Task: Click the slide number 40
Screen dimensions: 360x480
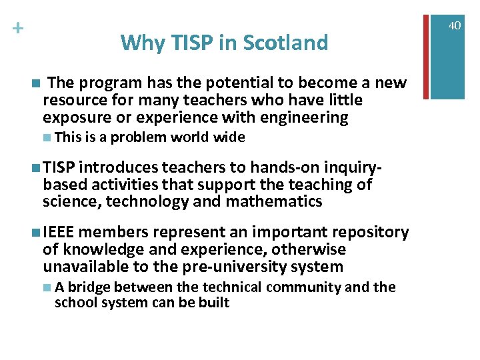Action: pyautogui.click(x=455, y=25)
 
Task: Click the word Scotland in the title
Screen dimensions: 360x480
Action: pyautogui.click(x=285, y=43)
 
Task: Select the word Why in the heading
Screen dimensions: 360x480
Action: pyautogui.click(x=138, y=43)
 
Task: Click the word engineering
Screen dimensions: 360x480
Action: pyautogui.click(x=305, y=118)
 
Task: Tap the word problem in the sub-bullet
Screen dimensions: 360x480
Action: pyautogui.click(x=139, y=138)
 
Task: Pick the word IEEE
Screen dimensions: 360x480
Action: pyautogui.click(x=61, y=232)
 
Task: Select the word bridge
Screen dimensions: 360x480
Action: pyautogui.click(x=87, y=287)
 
